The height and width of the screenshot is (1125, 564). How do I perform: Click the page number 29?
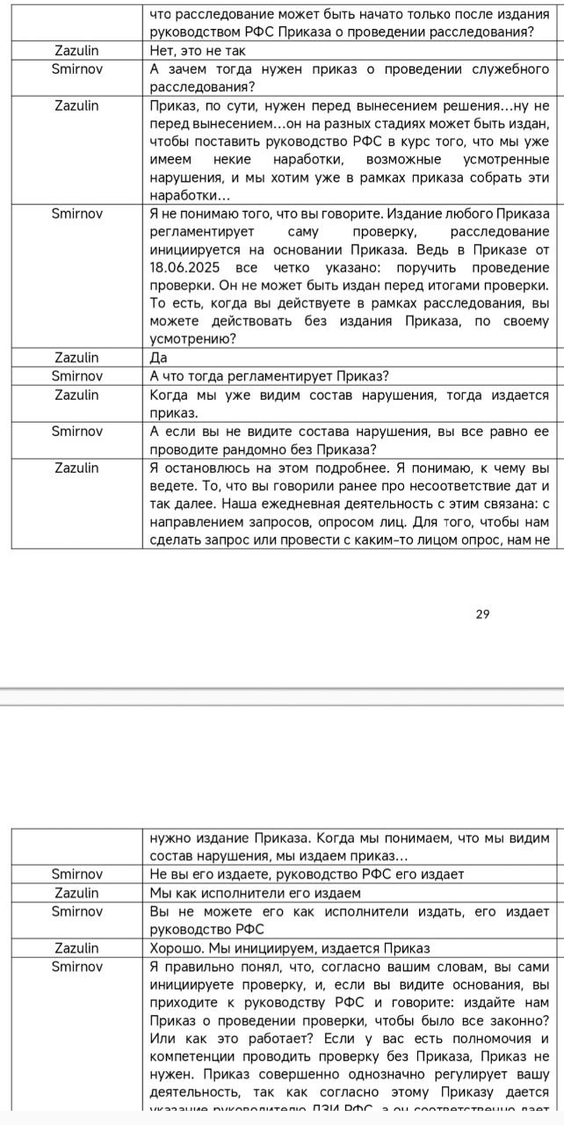(482, 613)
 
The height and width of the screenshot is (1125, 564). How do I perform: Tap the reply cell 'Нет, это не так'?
(198, 50)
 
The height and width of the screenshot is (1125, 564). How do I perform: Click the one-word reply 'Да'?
(159, 358)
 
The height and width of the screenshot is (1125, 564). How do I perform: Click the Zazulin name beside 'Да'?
(76, 358)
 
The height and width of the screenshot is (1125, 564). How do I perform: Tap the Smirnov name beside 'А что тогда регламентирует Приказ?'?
(76, 376)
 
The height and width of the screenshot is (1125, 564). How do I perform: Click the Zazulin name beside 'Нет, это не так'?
(76, 50)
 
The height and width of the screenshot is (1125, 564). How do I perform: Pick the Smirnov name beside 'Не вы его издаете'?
(76, 874)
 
